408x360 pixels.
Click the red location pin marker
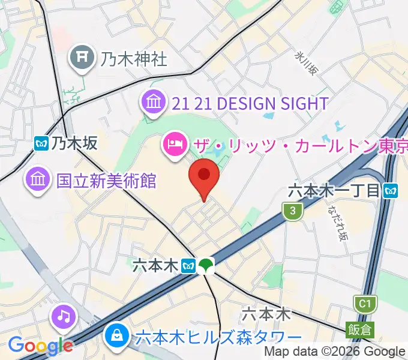point(203,176)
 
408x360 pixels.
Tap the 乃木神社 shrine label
point(134,58)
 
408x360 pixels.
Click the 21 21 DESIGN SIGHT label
point(250,103)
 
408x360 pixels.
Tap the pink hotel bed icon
point(174,145)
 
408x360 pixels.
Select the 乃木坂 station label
point(74,143)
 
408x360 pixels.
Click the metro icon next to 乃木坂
point(42,143)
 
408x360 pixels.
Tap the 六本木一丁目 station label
point(334,191)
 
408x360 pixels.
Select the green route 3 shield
point(292,211)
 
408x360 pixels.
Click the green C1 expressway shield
point(364,304)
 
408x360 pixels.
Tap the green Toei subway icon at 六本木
point(206,265)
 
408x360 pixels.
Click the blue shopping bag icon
point(116,336)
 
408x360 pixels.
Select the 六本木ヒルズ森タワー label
point(218,337)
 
